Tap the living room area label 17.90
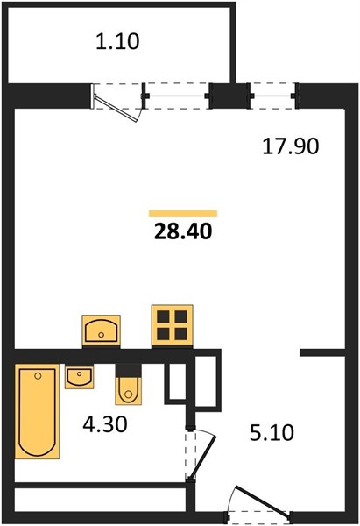[290, 147]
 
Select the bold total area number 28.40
[183, 231]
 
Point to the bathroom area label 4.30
[105, 424]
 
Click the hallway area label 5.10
[272, 432]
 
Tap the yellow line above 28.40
[183, 213]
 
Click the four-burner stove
[173, 324]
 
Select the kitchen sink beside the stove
[102, 331]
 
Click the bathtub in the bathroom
[37, 412]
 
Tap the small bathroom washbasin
[79, 377]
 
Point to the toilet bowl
[128, 390]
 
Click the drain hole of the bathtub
[38, 376]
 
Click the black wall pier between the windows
[230, 96]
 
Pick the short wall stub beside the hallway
[322, 352]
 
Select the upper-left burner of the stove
[163, 316]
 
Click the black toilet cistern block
[128, 370]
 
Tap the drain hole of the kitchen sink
[101, 335]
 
